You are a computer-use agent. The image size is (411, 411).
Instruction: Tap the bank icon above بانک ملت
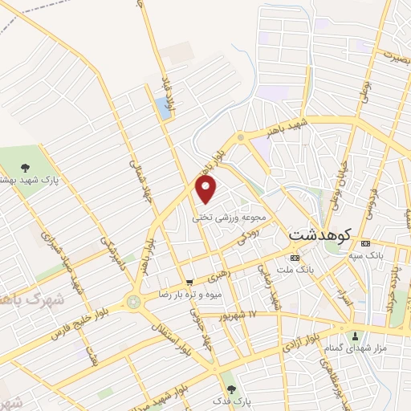[x=295, y=258]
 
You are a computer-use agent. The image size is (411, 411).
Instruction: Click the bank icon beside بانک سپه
[x=366, y=244]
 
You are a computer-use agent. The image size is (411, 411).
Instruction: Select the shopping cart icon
[x=189, y=282]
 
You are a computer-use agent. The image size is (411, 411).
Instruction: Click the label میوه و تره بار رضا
[x=190, y=295]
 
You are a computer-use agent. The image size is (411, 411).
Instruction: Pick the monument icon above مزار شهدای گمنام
[x=354, y=333]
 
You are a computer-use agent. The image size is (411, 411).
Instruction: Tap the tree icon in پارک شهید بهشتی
[x=25, y=169]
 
